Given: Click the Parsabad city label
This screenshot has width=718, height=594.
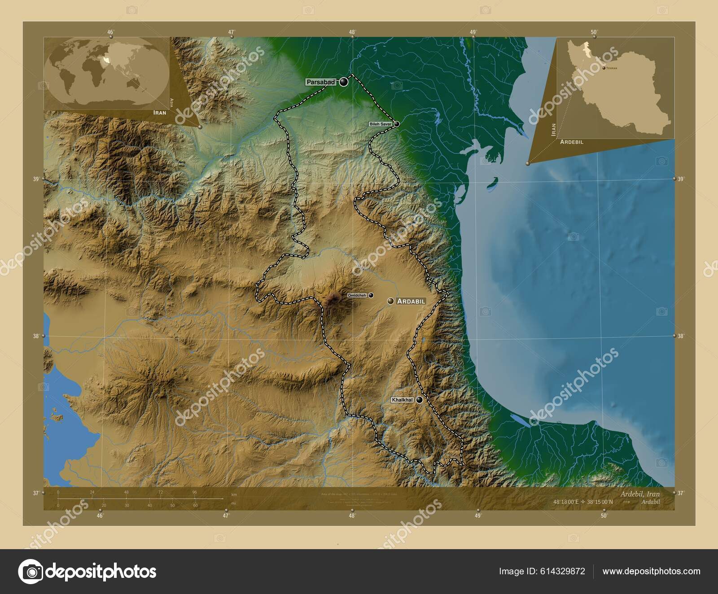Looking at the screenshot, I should coord(321,82).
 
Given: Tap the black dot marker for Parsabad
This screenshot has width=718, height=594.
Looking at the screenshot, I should coord(344,82).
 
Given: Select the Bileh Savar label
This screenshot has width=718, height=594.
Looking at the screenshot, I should coord(381,124).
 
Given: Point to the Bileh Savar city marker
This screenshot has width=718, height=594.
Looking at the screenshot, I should coord(397,124).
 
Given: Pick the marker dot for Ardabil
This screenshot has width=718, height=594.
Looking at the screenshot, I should coord(391,301).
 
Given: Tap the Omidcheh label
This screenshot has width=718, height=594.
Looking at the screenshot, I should coord(357,295).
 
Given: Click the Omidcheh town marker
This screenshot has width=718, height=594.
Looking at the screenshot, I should coord(371,295).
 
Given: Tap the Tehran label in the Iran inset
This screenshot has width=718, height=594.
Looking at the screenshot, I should coord(612,68).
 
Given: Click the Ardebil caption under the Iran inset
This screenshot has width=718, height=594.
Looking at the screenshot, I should coord(571,142).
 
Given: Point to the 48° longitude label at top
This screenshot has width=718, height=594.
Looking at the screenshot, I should coord(352,32).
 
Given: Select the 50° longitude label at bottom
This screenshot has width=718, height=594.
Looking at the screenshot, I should coord(604,516).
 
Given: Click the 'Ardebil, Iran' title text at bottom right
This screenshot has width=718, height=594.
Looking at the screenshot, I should coord(640,494).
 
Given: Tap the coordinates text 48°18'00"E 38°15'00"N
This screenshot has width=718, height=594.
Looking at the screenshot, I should coord(583,502).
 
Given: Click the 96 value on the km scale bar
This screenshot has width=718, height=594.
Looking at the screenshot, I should coord(194,492).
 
